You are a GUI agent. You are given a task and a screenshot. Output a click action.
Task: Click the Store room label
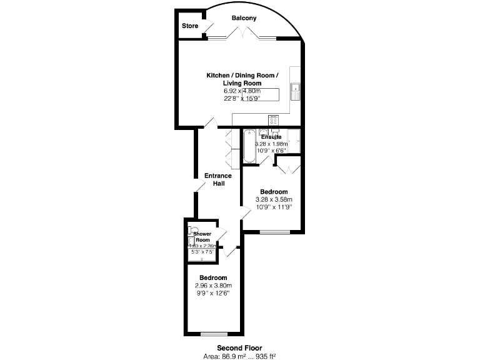coord(190,26)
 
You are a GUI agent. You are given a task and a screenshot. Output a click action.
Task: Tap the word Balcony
coord(244,18)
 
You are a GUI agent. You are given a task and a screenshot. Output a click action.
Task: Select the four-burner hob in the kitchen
coord(273,119)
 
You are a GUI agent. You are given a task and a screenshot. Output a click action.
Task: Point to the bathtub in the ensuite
coord(249,146)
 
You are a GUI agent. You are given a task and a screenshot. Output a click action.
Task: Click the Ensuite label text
coord(271,137)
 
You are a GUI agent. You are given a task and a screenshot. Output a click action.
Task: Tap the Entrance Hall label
coord(217,179)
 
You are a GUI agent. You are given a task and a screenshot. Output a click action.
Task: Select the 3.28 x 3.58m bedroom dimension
coord(274,199)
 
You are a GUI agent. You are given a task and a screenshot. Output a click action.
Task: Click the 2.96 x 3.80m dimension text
coord(213,286)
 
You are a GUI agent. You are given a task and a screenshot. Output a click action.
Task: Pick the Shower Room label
coord(202,237)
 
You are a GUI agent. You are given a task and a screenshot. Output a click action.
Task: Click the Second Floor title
coord(239,347)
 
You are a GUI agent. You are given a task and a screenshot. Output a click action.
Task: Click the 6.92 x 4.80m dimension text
coord(242,91)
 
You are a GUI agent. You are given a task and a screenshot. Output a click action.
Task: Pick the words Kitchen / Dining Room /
coord(242,75)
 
